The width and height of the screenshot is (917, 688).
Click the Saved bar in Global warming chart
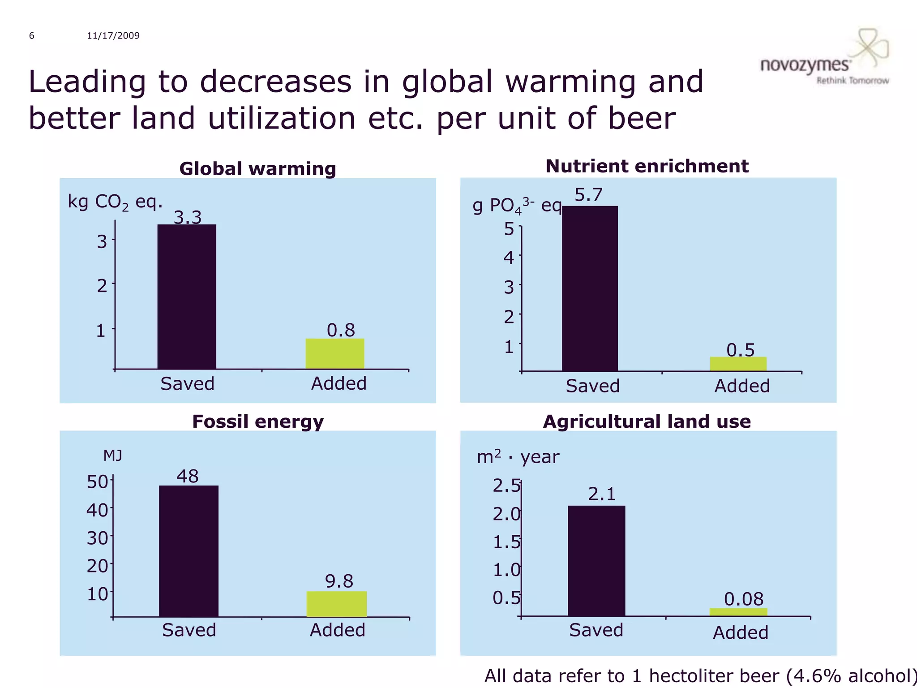point(187,297)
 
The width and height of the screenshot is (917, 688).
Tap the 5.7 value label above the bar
point(588,195)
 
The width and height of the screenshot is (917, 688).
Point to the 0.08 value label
point(744,599)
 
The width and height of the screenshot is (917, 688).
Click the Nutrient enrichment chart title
point(647,166)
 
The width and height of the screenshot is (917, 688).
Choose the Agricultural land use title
point(647,421)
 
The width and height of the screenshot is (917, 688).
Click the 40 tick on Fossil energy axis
point(97,510)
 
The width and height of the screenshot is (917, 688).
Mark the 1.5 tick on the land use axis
point(506,542)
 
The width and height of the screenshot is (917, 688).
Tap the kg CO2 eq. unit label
point(115,202)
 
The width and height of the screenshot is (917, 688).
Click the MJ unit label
point(112,456)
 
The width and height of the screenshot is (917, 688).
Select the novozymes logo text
point(805,65)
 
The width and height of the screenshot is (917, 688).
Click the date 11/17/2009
point(113,36)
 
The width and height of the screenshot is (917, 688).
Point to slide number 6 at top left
point(32,36)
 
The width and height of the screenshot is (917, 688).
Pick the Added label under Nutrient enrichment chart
point(742,386)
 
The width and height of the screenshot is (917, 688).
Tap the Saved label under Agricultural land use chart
point(596,630)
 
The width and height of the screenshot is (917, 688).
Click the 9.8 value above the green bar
point(339,581)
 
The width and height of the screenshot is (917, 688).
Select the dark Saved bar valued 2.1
point(596,561)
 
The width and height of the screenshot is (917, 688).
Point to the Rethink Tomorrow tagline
point(853,81)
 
